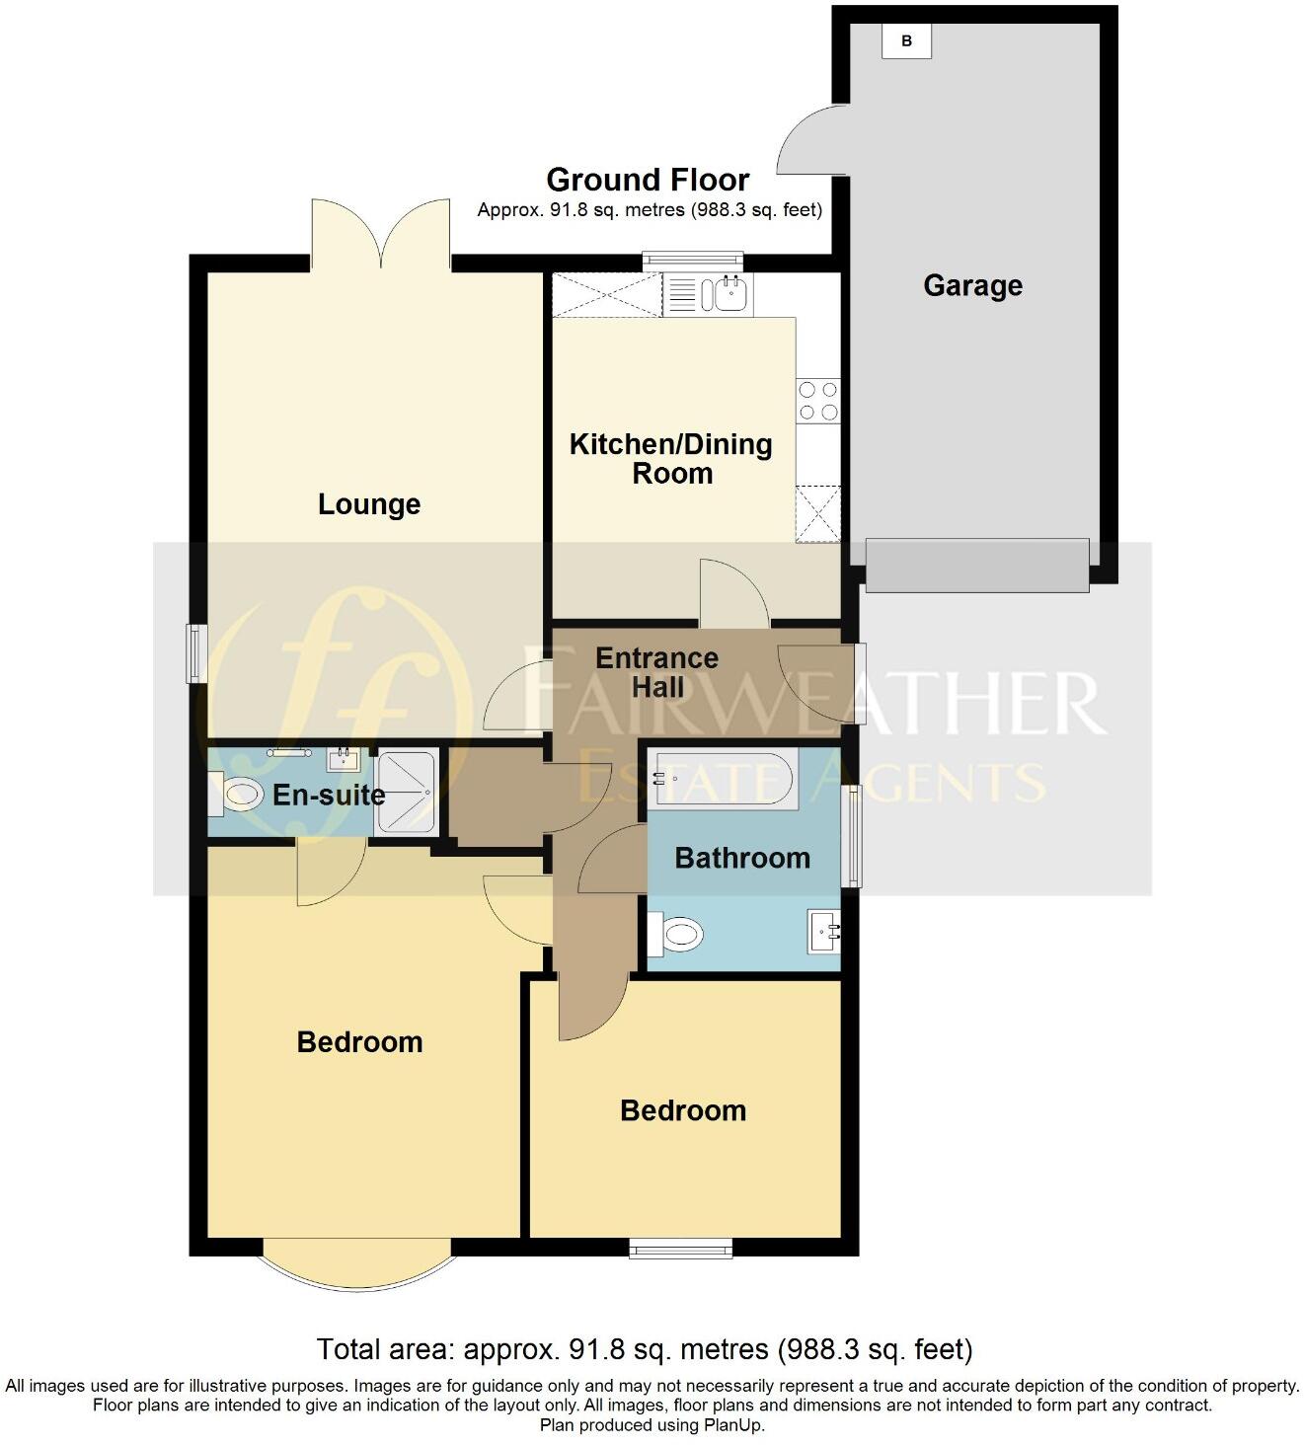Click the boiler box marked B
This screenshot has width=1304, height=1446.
coord(906,41)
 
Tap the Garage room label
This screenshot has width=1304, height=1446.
coord(972,286)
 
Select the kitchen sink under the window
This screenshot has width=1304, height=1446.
coord(731,293)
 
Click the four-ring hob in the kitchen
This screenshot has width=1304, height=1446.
coord(818,401)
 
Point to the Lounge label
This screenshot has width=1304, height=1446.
coord(369,504)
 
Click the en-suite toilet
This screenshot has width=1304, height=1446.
coord(240,793)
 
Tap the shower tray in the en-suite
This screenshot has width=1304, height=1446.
coord(405,793)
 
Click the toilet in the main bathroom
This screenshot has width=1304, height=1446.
coord(678,933)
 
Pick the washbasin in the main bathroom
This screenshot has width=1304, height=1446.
coord(824,931)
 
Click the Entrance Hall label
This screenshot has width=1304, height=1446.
coord(656,672)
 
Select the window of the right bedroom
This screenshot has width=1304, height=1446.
coord(681,1250)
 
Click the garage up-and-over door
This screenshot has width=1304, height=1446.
coord(977,565)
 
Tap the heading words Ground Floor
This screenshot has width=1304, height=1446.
coord(648,180)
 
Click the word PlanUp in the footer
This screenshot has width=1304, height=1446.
coord(732,1425)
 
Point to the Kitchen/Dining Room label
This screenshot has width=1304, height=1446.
coord(671,458)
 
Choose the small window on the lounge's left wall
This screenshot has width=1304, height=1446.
coord(196,652)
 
